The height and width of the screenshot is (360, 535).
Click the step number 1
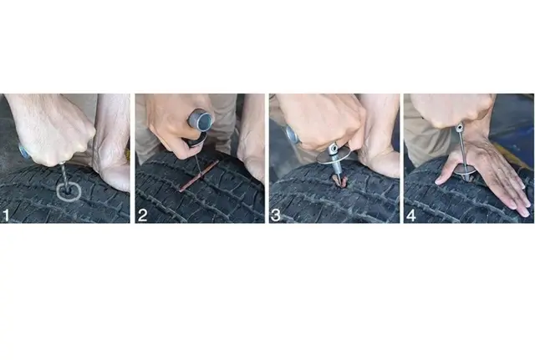tap(6, 216)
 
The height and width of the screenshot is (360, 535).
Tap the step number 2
tap(142, 215)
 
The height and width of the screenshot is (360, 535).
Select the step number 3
tap(275, 215)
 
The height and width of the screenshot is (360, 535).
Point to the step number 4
tap(411, 215)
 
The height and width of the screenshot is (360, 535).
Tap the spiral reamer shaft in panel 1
tap(65, 176)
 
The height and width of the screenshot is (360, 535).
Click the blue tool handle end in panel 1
tap(24, 153)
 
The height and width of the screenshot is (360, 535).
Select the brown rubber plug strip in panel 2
tap(199, 176)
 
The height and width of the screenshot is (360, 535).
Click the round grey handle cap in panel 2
tap(201, 120)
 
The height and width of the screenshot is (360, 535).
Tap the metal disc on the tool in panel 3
tap(334, 157)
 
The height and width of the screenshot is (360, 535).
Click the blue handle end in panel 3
tap(292, 134)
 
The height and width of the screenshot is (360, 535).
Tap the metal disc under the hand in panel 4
tap(465, 170)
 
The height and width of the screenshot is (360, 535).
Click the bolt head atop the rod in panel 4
tap(460, 128)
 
